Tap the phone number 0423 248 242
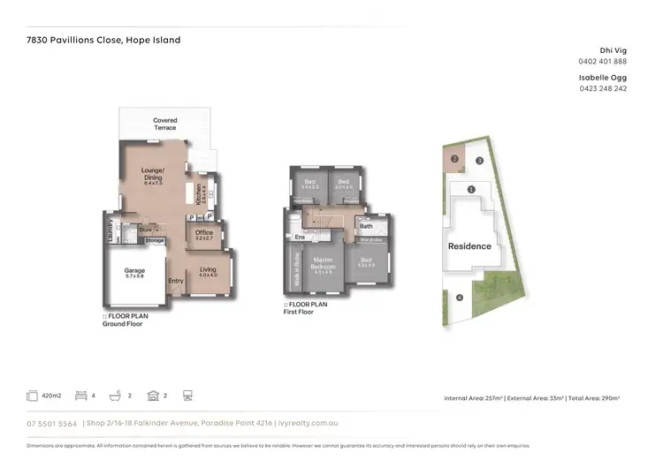coord(603,88)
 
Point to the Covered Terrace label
coord(164,125)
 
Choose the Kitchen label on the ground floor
coord(202,192)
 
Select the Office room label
coord(204,233)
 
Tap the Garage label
coord(134,271)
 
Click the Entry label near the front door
coord(176,282)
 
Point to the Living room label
coord(208,270)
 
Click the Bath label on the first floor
coord(366,226)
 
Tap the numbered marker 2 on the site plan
coord(454,159)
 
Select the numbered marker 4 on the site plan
coord(460,298)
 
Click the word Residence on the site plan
coord(469,246)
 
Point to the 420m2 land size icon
coord(34,396)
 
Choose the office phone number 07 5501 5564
coord(52,424)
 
